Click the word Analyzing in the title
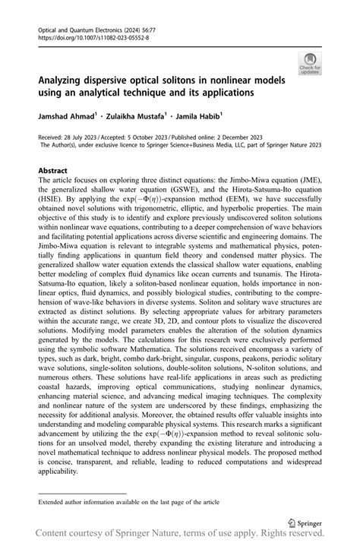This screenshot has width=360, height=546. point(65,79)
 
